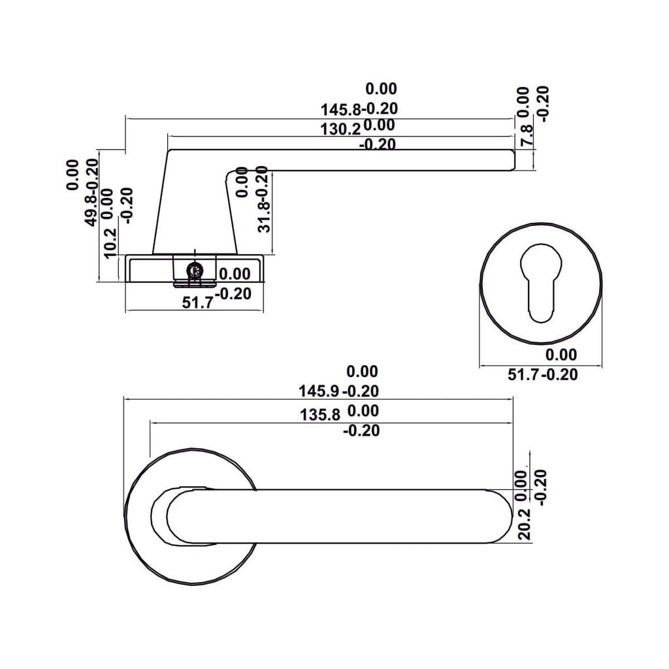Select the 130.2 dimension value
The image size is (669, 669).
[x=340, y=129]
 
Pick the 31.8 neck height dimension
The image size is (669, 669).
[x=263, y=216]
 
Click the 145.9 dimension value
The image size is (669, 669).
[x=319, y=391]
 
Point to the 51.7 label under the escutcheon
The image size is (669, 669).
[x=526, y=374]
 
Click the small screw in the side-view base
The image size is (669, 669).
[x=193, y=270]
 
